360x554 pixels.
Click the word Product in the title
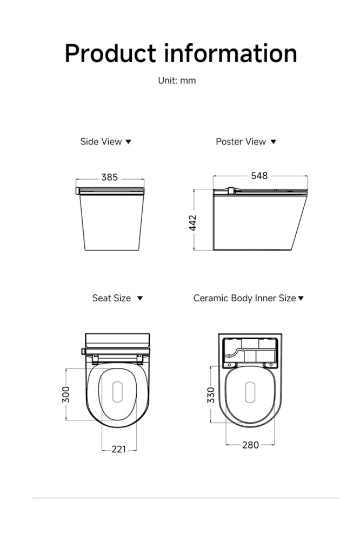point(110,54)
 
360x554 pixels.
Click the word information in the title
point(231,53)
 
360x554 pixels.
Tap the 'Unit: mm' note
point(177,81)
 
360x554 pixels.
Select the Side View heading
point(101,142)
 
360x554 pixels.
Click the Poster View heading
point(241,142)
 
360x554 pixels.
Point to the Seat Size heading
point(111,298)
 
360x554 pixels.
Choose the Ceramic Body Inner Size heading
point(244,298)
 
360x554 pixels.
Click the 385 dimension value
point(109,177)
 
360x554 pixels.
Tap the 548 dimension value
point(259,176)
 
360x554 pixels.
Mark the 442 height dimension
point(193,222)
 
